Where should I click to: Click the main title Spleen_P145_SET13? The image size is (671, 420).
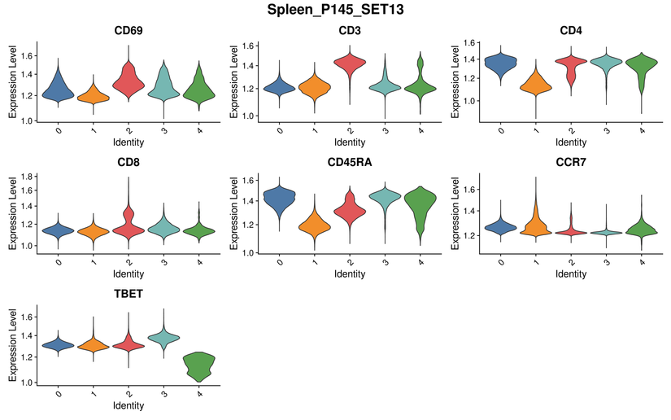335,11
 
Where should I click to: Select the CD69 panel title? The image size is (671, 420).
129,32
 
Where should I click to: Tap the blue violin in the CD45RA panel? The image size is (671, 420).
279,200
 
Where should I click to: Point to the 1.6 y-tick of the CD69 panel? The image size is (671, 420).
29,55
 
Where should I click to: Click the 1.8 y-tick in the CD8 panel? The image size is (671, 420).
29,177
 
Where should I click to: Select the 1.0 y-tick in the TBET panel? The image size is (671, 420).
29,382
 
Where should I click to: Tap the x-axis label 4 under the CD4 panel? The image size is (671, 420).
640,129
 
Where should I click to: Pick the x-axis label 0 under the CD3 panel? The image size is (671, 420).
279,129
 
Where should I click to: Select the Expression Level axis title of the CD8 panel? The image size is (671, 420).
12,212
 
